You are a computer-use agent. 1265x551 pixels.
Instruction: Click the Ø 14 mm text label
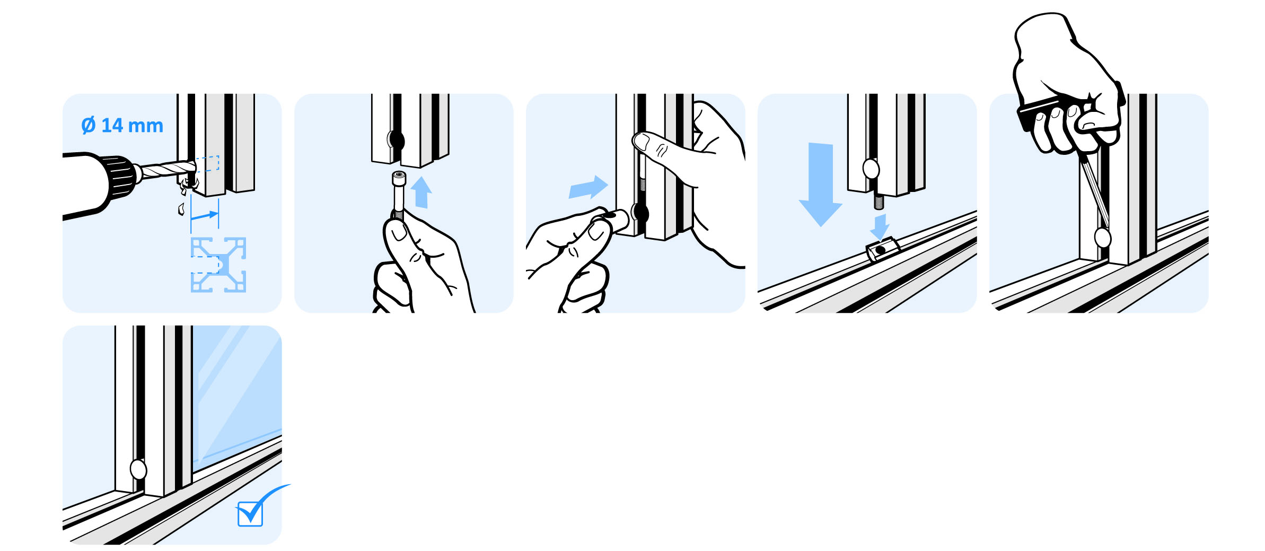pos(122,126)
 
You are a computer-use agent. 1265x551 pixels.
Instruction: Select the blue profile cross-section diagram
pos(218,265)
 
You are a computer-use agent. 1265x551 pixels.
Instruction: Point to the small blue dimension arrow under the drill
pos(205,215)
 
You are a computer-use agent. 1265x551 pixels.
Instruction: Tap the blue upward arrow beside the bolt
pos(421,192)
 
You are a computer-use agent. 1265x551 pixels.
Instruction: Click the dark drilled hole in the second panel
pos(397,141)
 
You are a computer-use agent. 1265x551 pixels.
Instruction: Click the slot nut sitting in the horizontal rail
pos(882,249)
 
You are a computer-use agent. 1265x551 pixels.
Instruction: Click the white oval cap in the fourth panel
pos(871,169)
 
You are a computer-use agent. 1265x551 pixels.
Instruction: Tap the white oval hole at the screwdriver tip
pos(1102,238)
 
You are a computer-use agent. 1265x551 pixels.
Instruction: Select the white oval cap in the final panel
pos(138,469)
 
